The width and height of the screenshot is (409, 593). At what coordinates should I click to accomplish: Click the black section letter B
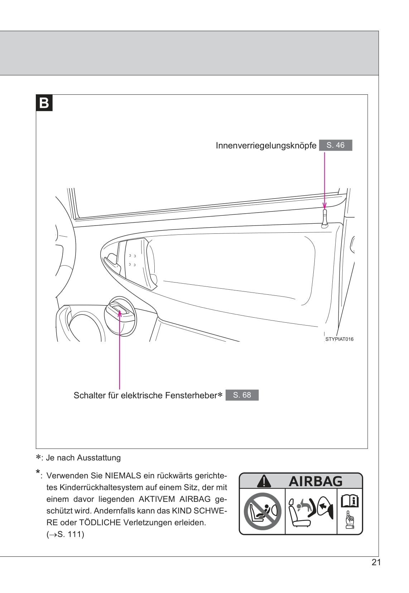click(x=44, y=103)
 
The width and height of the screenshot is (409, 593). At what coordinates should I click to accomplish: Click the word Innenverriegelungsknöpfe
click(x=266, y=146)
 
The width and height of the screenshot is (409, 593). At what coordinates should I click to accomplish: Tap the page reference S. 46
click(x=335, y=145)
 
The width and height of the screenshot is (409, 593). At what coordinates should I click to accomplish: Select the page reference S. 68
click(x=242, y=395)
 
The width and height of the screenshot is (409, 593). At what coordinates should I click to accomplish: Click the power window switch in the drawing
click(x=120, y=310)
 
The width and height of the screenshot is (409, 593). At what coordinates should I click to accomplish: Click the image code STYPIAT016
click(x=339, y=339)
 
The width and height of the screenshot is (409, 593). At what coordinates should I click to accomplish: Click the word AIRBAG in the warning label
click(x=316, y=481)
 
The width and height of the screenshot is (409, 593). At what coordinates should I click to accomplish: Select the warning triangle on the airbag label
click(x=264, y=481)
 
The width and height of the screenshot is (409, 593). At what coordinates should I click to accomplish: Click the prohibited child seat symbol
click(x=263, y=511)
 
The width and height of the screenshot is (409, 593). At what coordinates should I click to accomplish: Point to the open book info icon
click(x=350, y=501)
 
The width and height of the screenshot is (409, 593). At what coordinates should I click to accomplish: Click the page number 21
click(x=376, y=562)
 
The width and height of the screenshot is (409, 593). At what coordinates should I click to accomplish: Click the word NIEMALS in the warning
click(x=123, y=476)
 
